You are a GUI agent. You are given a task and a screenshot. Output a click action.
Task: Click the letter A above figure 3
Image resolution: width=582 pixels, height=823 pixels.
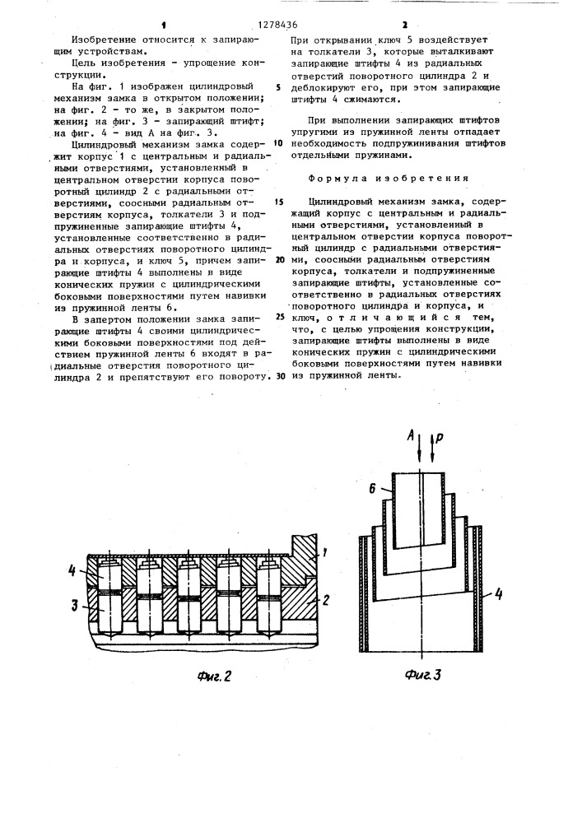[x=410, y=437]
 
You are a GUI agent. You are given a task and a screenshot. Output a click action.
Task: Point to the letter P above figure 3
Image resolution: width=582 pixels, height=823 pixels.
[x=436, y=438]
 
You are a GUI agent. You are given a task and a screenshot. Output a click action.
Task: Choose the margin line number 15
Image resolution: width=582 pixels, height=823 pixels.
[x=280, y=201]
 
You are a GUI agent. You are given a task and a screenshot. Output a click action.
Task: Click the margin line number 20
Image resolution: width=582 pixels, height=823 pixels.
[x=280, y=258]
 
